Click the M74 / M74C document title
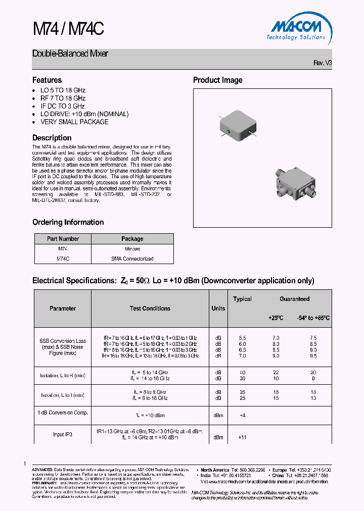pos(68,29)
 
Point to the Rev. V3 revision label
pos(323,63)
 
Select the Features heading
pos(47,80)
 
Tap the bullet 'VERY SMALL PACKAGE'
pos(74,122)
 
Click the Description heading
pos(52,138)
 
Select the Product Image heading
pos(217,80)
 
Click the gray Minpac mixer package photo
pos(238,125)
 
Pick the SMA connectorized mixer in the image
pos(296,184)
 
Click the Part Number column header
pos(63,239)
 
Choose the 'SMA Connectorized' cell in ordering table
pos(132,259)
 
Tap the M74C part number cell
pos(63,259)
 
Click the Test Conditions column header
pos(150,309)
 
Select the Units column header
pos(218,309)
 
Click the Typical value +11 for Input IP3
pos(242,437)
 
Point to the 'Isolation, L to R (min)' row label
pos(63,375)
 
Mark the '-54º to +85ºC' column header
pos(313,318)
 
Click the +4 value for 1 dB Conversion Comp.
pos(242,416)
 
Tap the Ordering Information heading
pos(68,222)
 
